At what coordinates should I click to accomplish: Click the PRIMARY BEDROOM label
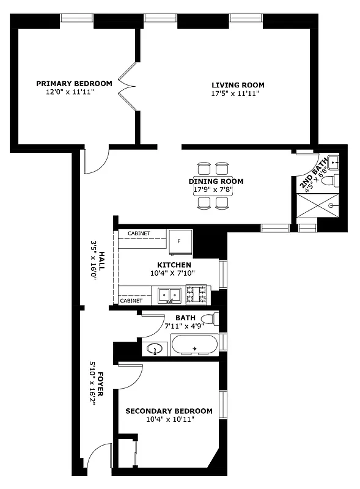74,84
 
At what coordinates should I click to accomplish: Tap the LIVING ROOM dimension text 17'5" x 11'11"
238,94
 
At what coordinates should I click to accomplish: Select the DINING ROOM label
216,182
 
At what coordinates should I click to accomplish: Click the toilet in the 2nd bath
329,182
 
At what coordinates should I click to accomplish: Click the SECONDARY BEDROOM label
169,411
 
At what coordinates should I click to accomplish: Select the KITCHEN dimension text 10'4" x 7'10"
174,273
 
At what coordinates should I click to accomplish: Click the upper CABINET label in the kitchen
139,233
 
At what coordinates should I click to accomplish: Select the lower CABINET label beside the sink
131,301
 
